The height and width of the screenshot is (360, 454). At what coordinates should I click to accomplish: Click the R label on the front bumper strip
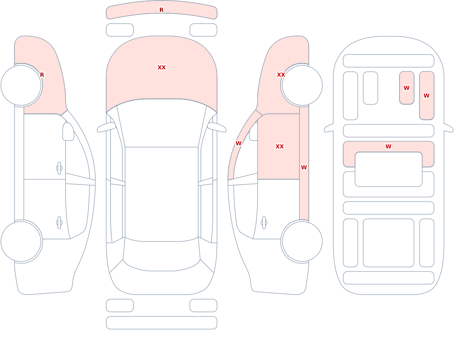[x=161, y=10]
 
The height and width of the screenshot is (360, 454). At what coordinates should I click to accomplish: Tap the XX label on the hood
[x=162, y=68]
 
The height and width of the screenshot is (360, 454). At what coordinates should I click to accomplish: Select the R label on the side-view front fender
[x=42, y=75]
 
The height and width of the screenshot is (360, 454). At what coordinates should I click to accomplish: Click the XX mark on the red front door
[x=279, y=146]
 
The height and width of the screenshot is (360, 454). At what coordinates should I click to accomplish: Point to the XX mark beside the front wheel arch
[x=281, y=75]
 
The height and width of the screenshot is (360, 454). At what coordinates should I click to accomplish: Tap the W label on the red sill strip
[x=304, y=167]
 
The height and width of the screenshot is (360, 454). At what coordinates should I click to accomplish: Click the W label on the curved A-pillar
[x=238, y=143]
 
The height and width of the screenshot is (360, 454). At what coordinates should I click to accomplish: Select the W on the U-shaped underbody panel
[x=388, y=146]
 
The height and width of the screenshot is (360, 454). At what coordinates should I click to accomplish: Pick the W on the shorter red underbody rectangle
[x=406, y=88]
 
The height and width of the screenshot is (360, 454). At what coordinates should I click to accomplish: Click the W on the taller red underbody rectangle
[x=426, y=95]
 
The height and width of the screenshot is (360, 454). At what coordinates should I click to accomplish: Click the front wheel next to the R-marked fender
[x=21, y=85]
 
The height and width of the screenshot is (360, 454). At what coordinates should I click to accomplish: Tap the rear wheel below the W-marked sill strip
[x=302, y=241]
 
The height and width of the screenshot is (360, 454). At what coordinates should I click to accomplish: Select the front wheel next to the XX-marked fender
[x=302, y=85]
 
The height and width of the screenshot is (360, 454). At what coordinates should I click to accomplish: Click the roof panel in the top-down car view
[x=162, y=194]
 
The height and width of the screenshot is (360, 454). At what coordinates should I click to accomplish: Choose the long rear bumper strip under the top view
[x=162, y=323]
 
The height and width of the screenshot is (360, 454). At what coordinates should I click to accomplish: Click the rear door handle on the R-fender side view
[x=59, y=223]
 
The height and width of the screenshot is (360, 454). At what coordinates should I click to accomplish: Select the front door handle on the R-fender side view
[x=59, y=168]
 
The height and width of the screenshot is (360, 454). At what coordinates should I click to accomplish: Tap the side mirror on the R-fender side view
[x=68, y=132]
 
